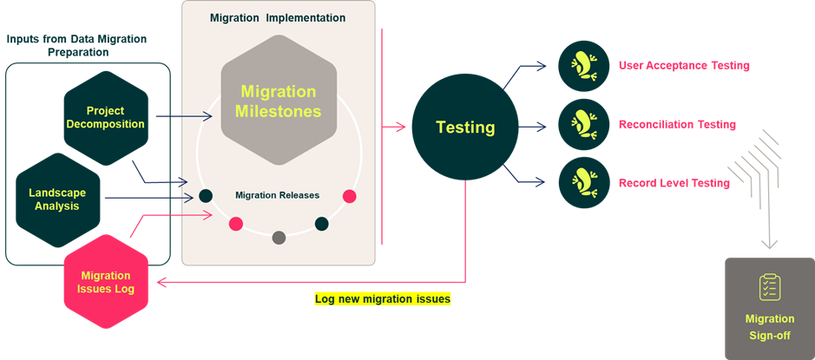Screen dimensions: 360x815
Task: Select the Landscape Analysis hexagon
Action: coord(57,200)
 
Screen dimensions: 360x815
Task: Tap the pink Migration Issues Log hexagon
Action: coord(105,282)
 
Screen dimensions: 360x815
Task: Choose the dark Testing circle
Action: coord(464,128)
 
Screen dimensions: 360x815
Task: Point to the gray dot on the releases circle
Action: coord(279,238)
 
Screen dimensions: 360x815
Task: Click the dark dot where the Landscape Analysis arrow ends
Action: coord(206,196)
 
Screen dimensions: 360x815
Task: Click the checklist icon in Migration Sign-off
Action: coord(769,287)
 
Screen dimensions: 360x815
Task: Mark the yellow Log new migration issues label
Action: coord(383,299)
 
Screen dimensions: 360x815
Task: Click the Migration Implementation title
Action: coord(278,17)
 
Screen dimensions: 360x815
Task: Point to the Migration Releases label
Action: coord(277,195)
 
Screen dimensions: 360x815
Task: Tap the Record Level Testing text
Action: coord(674,183)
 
